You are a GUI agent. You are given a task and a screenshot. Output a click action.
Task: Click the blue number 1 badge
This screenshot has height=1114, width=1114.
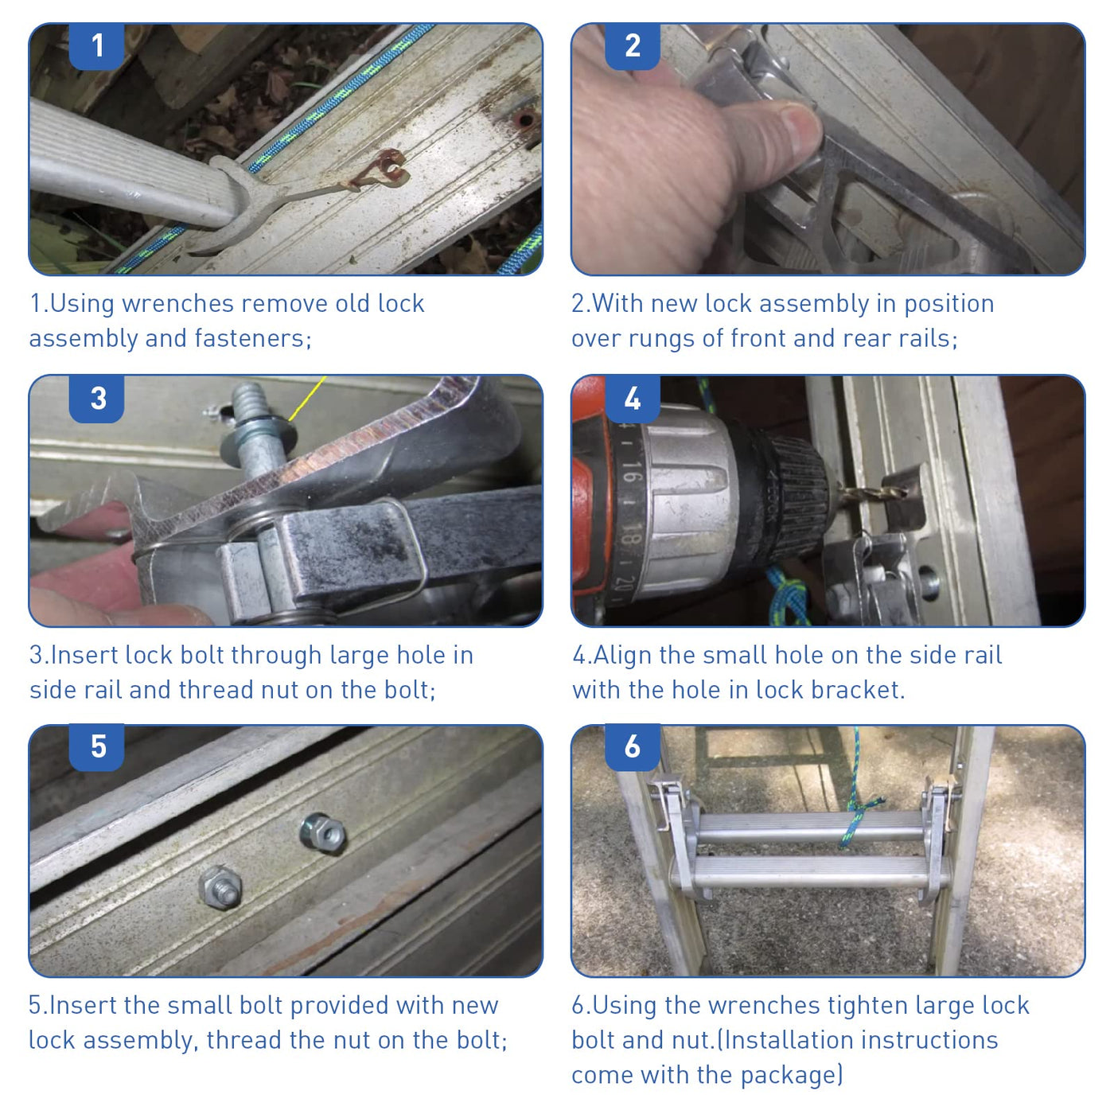pos(96,46)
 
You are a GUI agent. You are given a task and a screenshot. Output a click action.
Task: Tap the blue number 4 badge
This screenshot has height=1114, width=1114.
pos(632,399)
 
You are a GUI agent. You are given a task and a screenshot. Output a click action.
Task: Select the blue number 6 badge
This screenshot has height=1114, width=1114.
pos(632,747)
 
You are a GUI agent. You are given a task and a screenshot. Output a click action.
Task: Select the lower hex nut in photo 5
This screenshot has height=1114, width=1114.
pos(220,887)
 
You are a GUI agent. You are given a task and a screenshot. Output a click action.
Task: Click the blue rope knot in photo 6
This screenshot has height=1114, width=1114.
pos(859,809)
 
